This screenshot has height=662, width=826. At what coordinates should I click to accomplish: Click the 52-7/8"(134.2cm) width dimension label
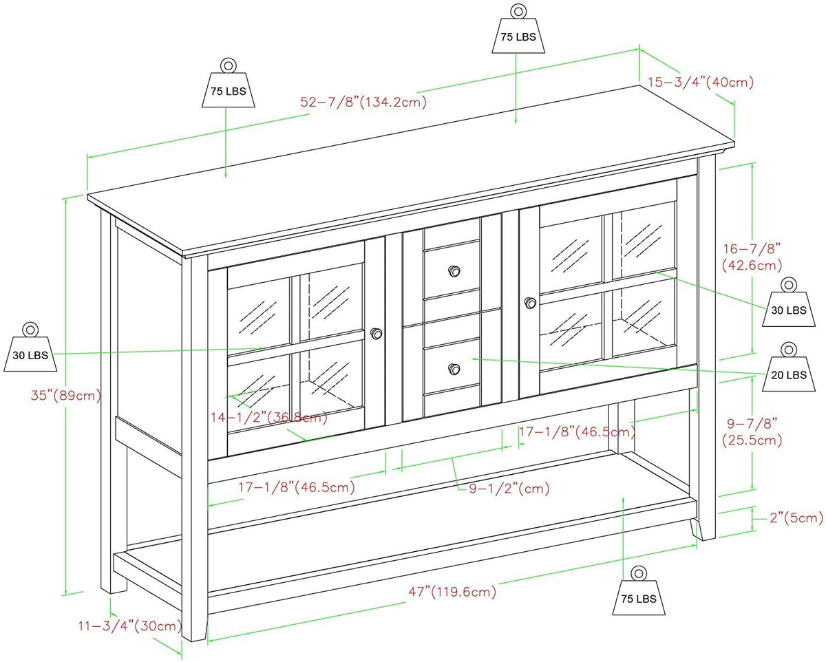(x=363, y=102)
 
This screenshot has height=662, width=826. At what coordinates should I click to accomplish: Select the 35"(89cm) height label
(x=66, y=396)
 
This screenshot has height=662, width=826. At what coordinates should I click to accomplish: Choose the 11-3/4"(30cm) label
(x=129, y=626)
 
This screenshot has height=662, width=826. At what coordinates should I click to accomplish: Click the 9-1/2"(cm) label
(x=500, y=489)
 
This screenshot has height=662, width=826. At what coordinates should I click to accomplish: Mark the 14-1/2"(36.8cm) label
(x=268, y=417)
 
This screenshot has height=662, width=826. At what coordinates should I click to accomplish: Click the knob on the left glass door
(x=377, y=334)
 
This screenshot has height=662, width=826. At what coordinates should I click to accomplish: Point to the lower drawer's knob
(x=453, y=370)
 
